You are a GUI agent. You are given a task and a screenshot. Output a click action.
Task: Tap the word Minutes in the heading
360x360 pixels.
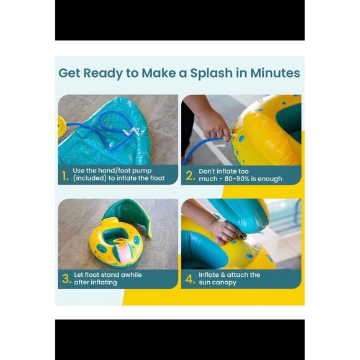tap(275, 73)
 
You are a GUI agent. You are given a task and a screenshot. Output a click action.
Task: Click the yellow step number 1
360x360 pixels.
tap(65, 176)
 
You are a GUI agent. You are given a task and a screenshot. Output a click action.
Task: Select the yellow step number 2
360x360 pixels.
tap(191, 176)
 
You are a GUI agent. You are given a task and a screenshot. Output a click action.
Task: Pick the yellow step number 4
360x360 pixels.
tap(191, 279)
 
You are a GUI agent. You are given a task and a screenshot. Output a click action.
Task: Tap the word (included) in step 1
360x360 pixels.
tap(89, 178)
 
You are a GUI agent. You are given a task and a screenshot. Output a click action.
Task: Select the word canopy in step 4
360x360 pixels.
tap(224, 282)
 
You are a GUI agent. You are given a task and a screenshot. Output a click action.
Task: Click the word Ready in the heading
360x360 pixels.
tap(102, 73)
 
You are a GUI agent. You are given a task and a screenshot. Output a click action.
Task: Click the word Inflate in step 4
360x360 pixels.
tap(207, 275)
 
